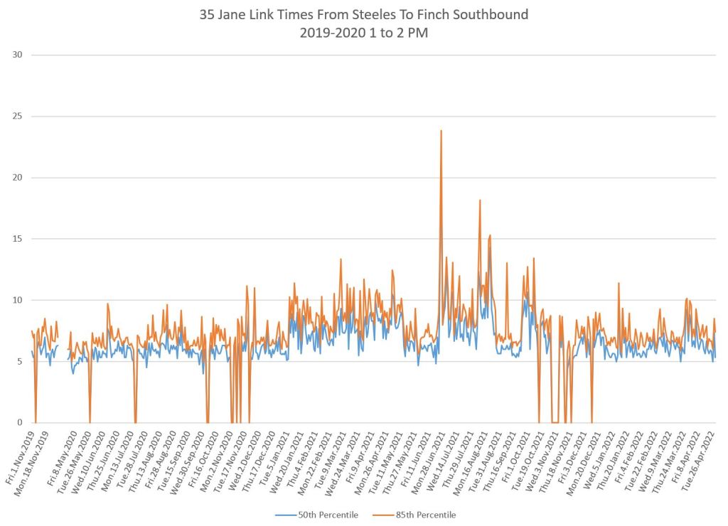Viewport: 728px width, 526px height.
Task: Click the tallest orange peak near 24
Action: click(x=441, y=131)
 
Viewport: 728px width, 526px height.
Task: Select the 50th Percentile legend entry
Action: click(x=318, y=515)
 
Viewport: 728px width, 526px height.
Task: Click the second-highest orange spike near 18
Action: click(x=480, y=200)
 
